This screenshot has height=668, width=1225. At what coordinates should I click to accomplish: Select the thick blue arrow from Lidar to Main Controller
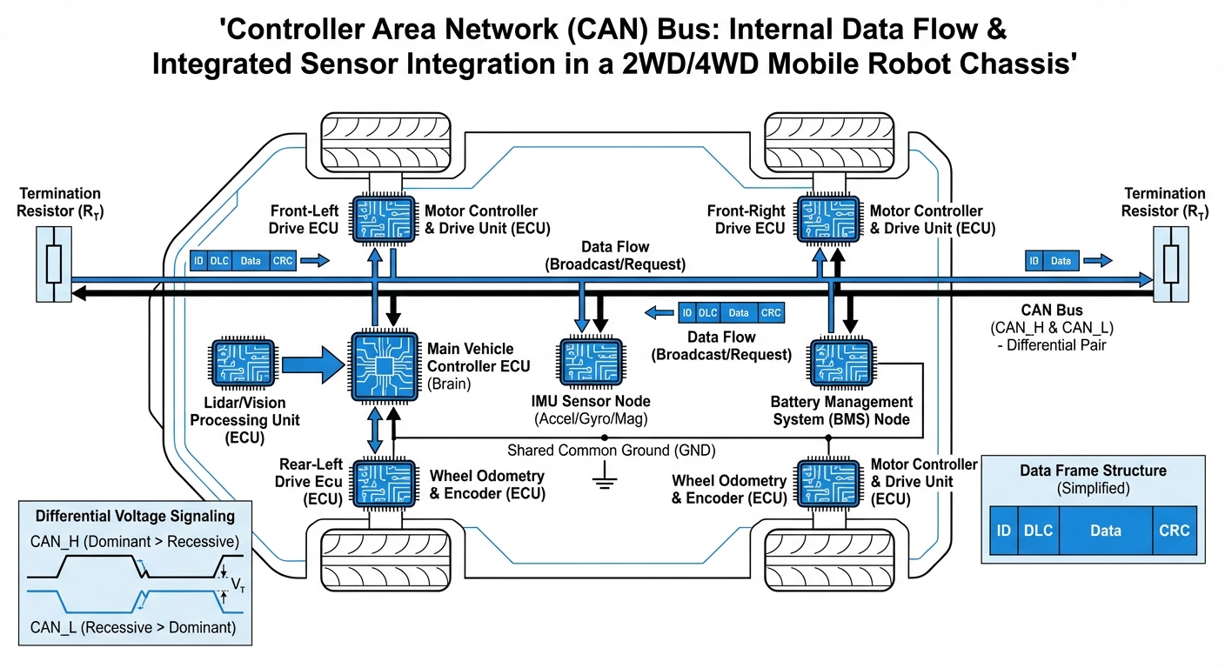point(314,366)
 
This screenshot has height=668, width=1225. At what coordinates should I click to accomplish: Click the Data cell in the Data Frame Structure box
point(1105,530)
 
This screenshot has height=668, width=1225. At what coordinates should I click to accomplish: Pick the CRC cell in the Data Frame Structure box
point(1174,530)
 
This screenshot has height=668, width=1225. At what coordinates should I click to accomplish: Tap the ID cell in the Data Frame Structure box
point(1003,530)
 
